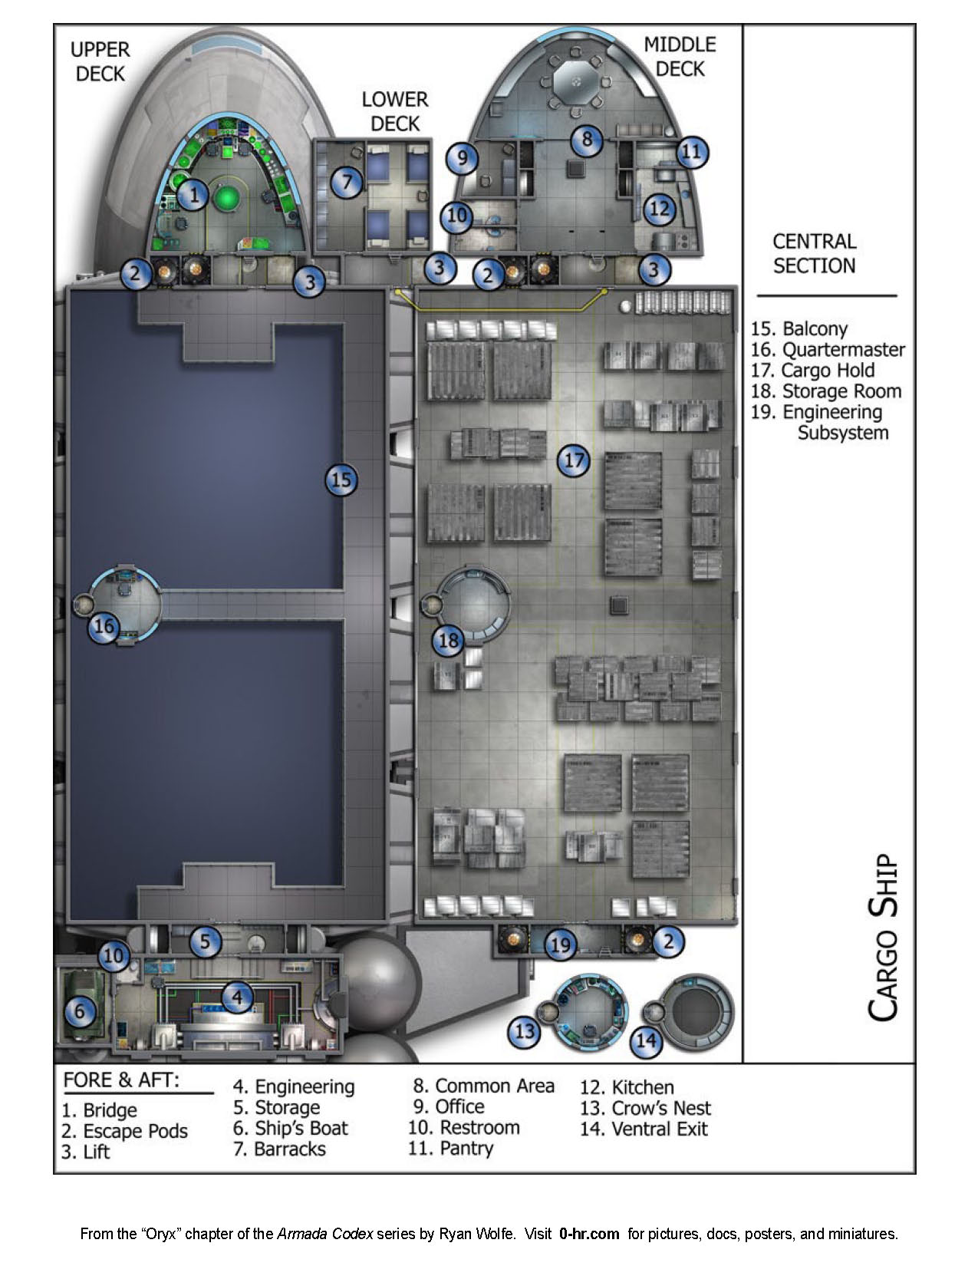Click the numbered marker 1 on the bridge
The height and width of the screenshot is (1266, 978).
point(194,196)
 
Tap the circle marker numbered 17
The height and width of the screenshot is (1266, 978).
point(574,460)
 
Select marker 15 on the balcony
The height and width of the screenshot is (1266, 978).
point(341,480)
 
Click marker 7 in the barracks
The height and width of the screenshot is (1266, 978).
point(347,183)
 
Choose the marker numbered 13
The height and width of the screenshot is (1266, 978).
point(525,1030)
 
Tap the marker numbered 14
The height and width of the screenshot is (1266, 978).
point(646,1041)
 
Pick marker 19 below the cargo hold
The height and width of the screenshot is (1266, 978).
point(561,944)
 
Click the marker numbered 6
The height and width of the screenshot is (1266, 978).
point(79,1012)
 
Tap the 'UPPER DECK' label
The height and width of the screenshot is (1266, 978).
point(100,62)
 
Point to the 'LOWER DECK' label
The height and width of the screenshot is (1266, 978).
point(394,111)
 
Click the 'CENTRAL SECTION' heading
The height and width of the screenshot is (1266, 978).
point(814,254)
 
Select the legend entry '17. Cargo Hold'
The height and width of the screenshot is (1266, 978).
point(812,371)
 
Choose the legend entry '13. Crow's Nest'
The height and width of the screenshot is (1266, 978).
point(645,1108)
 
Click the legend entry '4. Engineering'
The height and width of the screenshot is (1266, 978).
point(294,1086)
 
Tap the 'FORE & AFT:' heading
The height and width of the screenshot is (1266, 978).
point(120,1080)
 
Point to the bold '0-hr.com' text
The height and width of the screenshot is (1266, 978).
point(589,1235)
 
